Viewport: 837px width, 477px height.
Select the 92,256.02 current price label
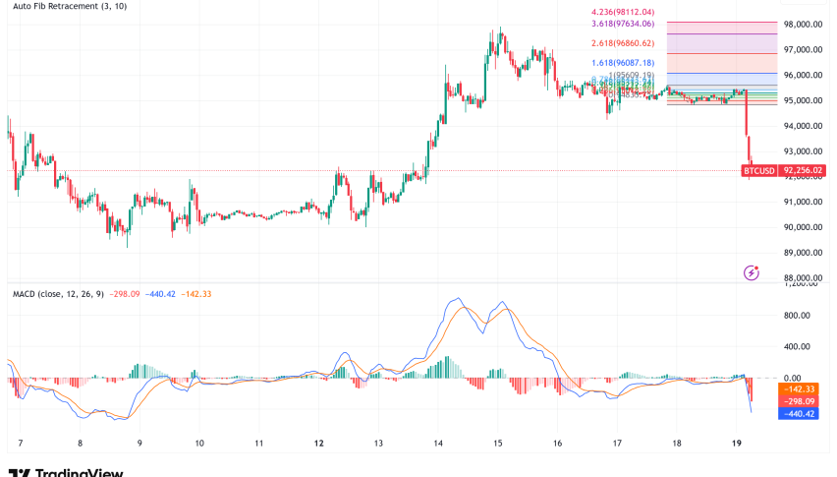tap(804, 170)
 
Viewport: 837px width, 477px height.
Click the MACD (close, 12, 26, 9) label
tap(58, 294)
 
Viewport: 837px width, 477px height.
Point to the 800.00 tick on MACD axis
tap(798, 316)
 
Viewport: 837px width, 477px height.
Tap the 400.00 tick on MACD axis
tap(798, 347)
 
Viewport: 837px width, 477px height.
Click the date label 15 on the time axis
tap(498, 444)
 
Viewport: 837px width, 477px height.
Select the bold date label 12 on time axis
tap(319, 444)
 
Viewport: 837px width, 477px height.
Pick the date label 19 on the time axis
tap(736, 444)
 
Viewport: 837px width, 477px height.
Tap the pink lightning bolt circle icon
tap(752, 272)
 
